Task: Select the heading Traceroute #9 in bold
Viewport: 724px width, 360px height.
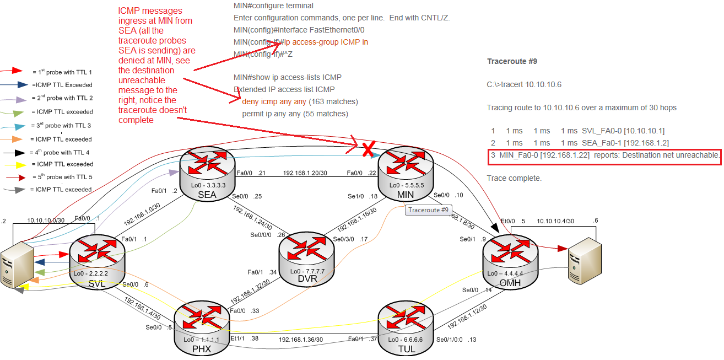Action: coord(512,61)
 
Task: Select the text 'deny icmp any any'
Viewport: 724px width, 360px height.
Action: coord(274,101)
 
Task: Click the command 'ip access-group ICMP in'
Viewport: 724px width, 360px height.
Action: coord(325,41)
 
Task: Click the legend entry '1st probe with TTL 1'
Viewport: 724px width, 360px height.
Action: coord(62,72)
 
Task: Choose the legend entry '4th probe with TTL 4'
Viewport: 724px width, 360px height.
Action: coord(62,152)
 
